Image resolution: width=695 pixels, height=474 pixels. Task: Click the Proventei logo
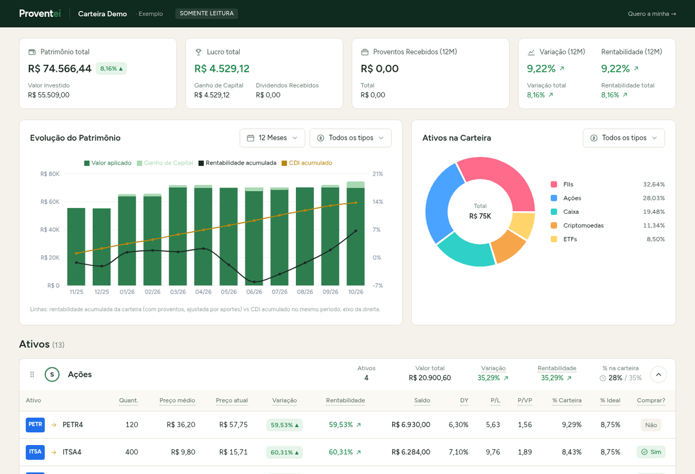40,14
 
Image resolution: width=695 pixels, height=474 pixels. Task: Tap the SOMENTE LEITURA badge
207,14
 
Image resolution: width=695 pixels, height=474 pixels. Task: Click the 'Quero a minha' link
652,14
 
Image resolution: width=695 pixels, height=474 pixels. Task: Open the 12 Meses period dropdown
272,138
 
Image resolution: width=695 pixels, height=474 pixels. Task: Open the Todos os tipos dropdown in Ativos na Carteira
624,138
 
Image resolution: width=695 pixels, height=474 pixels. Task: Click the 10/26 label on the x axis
356,292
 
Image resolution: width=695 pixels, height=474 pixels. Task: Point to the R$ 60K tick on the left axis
50,202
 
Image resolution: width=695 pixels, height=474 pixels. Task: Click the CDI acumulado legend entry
307,163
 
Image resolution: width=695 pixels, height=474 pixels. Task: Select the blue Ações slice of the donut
441,202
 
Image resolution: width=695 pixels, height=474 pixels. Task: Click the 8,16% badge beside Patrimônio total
111,68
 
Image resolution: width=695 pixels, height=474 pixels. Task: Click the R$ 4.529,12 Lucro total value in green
222,68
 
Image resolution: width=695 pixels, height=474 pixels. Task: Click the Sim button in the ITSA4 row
651,452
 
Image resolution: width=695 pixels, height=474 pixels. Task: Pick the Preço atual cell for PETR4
233,425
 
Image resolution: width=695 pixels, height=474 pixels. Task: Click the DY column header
464,400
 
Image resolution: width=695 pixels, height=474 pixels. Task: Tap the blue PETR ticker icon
35,425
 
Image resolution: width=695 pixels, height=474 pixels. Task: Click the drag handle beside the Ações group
32,375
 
